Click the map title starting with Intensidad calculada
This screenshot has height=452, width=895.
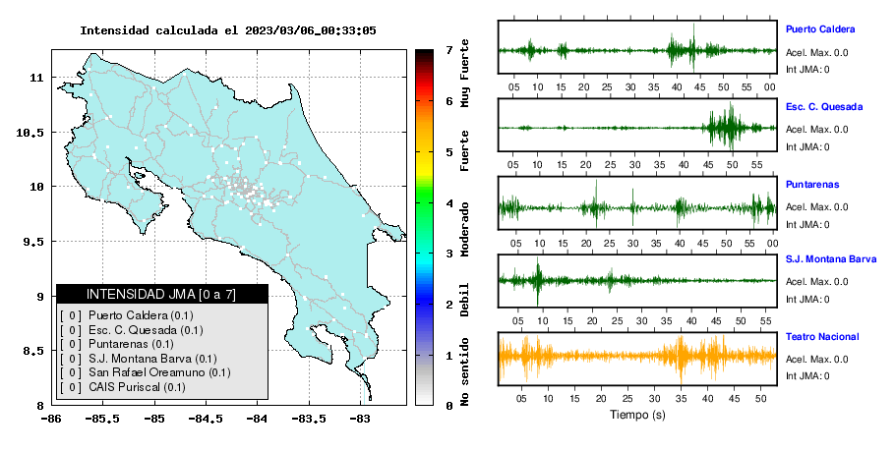click(228, 30)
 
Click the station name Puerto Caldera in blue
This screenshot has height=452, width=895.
click(820, 29)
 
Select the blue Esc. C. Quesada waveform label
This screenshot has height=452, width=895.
click(824, 106)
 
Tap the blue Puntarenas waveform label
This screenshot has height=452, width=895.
click(812, 184)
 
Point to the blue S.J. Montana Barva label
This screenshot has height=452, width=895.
click(831, 258)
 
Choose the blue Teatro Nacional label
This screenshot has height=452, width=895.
click(822, 336)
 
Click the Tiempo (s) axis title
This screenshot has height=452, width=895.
click(637, 415)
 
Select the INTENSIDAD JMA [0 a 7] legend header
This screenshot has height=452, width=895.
click(161, 294)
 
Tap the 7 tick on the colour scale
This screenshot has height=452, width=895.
click(449, 50)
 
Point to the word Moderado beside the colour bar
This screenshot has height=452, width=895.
click(464, 229)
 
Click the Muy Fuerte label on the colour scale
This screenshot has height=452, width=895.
click(464, 73)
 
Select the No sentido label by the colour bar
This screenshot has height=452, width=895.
click(464, 371)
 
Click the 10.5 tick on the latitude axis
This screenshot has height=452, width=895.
click(30, 133)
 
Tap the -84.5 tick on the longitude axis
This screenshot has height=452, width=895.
click(207, 419)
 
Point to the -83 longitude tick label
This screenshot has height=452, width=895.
click(360, 419)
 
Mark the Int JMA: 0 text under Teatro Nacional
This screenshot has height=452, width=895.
click(807, 375)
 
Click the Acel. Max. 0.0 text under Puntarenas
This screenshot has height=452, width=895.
click(816, 207)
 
